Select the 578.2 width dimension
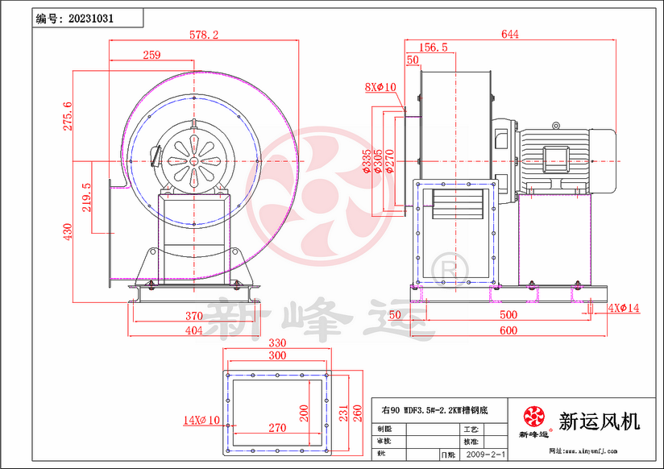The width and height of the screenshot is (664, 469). click(x=203, y=35)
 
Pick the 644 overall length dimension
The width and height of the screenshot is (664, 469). click(x=509, y=34)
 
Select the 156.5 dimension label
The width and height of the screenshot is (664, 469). click(x=434, y=48)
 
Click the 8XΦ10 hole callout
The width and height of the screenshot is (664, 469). click(x=379, y=86)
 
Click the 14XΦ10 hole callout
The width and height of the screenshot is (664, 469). click(x=201, y=420)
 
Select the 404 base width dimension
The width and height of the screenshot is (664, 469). click(x=193, y=330)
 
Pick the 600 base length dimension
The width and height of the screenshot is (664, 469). click(x=508, y=330)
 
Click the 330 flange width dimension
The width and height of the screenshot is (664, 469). click(x=278, y=342)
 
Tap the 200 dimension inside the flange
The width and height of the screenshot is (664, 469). click(x=303, y=413)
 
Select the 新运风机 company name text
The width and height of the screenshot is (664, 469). click(x=599, y=421)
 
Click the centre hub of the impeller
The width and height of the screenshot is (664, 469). click(x=194, y=160)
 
